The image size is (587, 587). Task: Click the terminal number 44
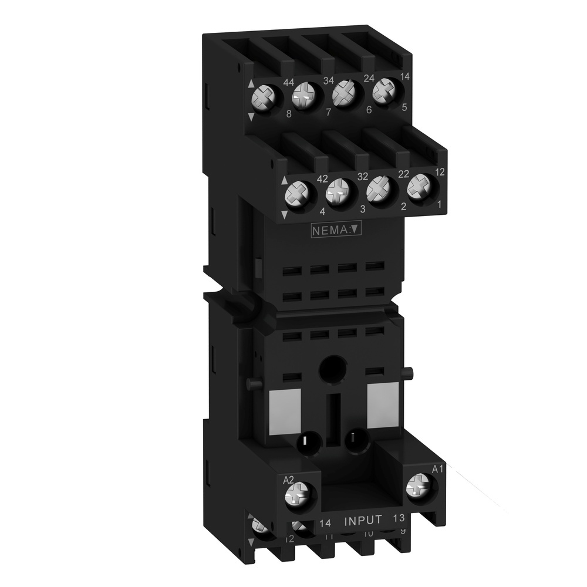pyautogui.click(x=288, y=83)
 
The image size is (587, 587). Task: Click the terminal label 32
pyautogui.click(x=362, y=176)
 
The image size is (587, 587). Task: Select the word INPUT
pyautogui.click(x=363, y=520)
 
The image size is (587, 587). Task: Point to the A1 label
pyautogui.click(x=437, y=468)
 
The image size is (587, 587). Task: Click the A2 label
pyautogui.click(x=288, y=480)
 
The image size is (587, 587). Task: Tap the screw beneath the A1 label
pyautogui.click(x=417, y=485)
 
